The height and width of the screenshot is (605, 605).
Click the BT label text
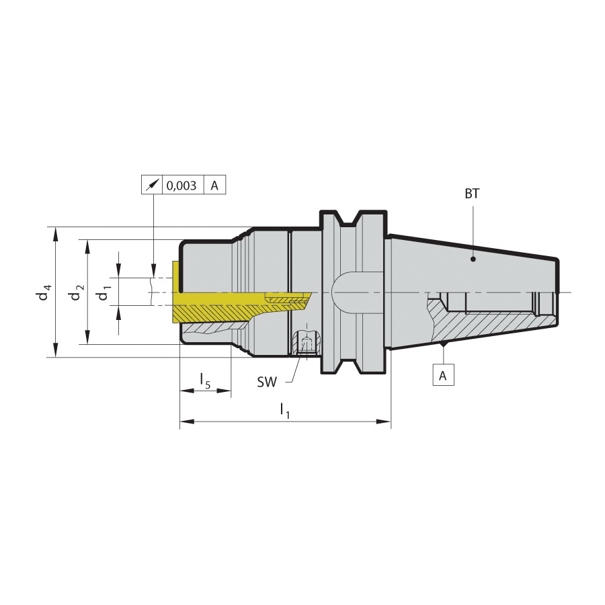click(472, 194)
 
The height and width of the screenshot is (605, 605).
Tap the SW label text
click(267, 382)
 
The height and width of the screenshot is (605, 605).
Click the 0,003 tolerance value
click(182, 186)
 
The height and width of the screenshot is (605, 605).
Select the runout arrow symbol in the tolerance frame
click(152, 186)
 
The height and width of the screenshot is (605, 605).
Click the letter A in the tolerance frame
click(214, 186)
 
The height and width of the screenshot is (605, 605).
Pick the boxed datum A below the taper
click(443, 374)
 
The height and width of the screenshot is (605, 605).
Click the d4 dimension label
click(43, 292)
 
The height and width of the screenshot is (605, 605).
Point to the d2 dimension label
click(75, 292)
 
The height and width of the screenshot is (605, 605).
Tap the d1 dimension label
click(104, 292)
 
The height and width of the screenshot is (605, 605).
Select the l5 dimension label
click(205, 381)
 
